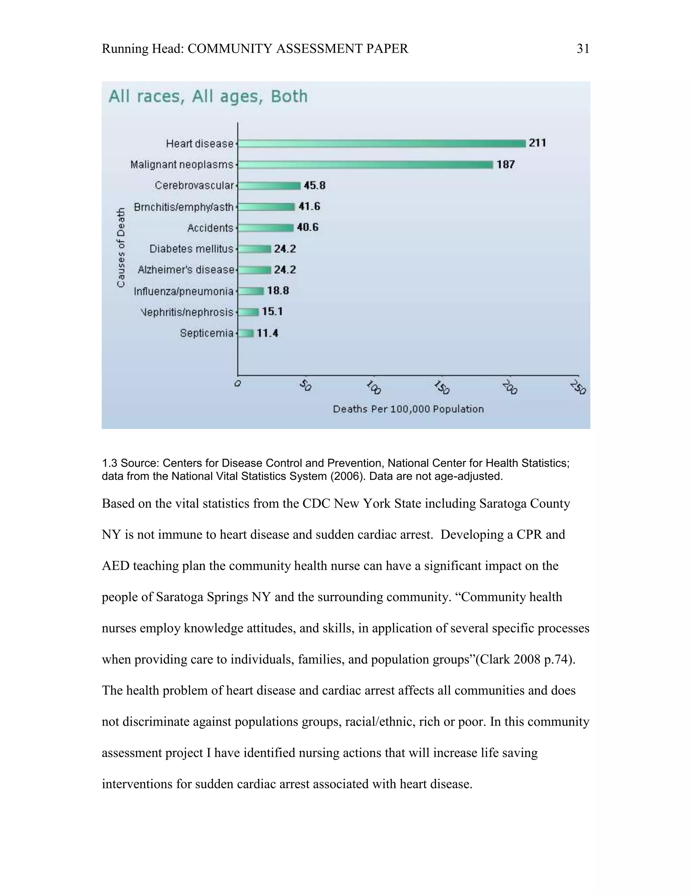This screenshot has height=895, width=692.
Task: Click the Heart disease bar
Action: click(x=381, y=144)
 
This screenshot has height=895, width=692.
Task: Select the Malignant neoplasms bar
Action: click(x=365, y=164)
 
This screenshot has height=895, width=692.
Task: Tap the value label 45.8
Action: click(x=315, y=186)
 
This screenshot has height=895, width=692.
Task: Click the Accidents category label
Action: click(x=210, y=228)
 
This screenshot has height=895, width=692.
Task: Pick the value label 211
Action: click(x=537, y=143)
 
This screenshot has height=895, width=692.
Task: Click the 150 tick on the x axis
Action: click(x=442, y=387)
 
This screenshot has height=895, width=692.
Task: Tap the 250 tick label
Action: click(x=578, y=387)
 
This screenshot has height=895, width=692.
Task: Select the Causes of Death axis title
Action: click(x=121, y=248)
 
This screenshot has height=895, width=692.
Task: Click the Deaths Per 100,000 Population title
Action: click(x=408, y=409)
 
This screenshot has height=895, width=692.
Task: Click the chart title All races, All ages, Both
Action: click(x=208, y=97)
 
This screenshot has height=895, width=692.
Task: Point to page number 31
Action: click(x=583, y=49)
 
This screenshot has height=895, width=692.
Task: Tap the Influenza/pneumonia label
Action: click(x=183, y=291)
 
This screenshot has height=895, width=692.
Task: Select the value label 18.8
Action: click(x=278, y=291)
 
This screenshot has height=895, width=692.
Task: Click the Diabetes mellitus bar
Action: click(x=254, y=249)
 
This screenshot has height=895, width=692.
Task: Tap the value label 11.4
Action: click(x=267, y=333)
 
